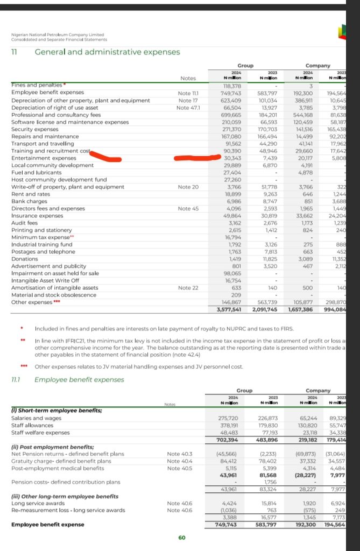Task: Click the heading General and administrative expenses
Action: point(107,52)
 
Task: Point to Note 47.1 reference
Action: point(189,107)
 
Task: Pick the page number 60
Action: point(181,537)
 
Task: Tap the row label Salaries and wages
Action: point(35,418)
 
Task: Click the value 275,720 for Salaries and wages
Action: point(228,418)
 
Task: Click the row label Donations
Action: point(25,258)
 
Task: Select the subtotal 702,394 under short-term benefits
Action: point(228,439)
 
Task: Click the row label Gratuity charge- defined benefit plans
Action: point(61,461)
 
